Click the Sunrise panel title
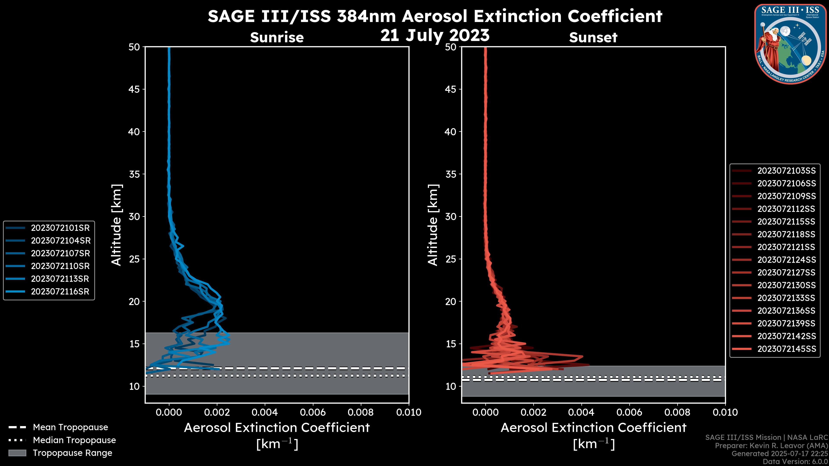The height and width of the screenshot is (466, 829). pyautogui.click(x=277, y=37)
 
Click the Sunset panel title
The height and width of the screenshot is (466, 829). pyautogui.click(x=593, y=37)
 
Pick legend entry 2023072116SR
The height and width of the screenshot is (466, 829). pyautogui.click(x=60, y=292)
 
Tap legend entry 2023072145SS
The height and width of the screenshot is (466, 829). pyautogui.click(x=786, y=349)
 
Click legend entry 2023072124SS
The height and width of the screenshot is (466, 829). pyautogui.click(x=786, y=260)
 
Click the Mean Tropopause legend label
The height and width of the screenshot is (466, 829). pyautogui.click(x=70, y=427)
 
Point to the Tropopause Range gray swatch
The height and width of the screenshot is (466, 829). pyautogui.click(x=17, y=453)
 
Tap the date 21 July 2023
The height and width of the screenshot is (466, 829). pyautogui.click(x=435, y=35)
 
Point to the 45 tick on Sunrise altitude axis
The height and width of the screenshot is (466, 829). pyautogui.click(x=134, y=89)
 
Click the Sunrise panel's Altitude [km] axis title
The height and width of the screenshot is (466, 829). pyautogui.click(x=117, y=225)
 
